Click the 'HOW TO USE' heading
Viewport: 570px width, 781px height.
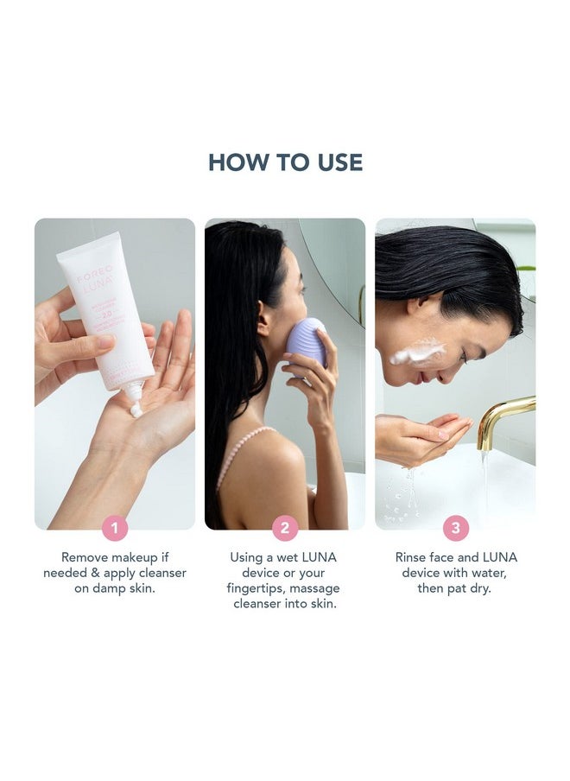click(285, 162)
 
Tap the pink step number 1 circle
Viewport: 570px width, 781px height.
click(115, 528)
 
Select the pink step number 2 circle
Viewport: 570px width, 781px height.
click(285, 528)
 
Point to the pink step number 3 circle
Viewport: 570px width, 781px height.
click(456, 528)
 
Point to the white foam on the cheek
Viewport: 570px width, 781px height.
click(415, 352)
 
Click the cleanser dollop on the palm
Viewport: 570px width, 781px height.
click(136, 410)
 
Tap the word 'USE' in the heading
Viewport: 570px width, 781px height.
click(335, 162)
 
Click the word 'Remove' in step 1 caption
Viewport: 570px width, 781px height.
click(85, 557)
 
